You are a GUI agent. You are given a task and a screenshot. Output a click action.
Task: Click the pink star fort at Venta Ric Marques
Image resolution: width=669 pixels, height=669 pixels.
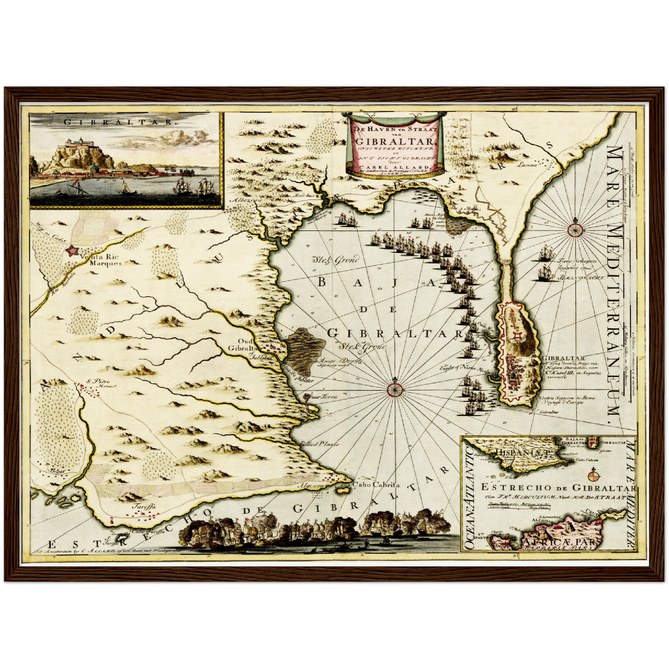[x=72, y=250]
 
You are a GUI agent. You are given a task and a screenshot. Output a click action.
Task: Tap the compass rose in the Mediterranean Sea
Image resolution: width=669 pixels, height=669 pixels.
[x=575, y=229]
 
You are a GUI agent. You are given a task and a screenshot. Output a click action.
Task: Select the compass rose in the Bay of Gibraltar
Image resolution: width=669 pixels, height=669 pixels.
[x=394, y=389]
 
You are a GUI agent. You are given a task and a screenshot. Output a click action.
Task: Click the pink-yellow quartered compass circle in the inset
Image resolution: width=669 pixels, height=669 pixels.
[x=594, y=475]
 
